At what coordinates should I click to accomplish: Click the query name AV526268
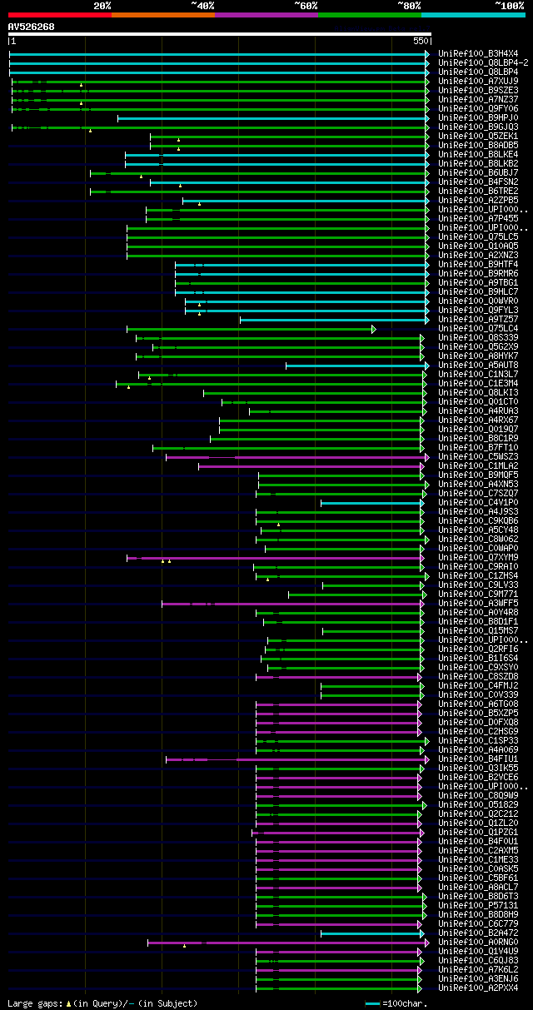coord(32,27)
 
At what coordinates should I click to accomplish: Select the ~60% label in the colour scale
coord(306,5)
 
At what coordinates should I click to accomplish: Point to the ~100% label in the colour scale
coord(509,5)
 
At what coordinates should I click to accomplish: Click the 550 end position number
coord(420,41)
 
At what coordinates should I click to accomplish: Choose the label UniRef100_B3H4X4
coord(478,53)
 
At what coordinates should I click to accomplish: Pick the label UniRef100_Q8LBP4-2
coord(483,62)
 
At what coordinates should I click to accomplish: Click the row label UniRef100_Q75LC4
coord(478,328)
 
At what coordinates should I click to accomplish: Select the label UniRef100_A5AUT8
coord(478,365)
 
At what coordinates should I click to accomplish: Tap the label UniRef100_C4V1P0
coord(478,502)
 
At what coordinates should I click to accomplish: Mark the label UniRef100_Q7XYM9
coord(478,557)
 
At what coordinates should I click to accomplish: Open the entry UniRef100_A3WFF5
coord(478,603)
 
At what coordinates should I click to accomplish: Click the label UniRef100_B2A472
coord(478,933)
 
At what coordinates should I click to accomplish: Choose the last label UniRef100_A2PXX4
coord(478,988)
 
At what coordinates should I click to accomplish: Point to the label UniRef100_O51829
coord(478,804)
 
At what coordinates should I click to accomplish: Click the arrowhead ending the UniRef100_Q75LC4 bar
coord(374,329)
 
